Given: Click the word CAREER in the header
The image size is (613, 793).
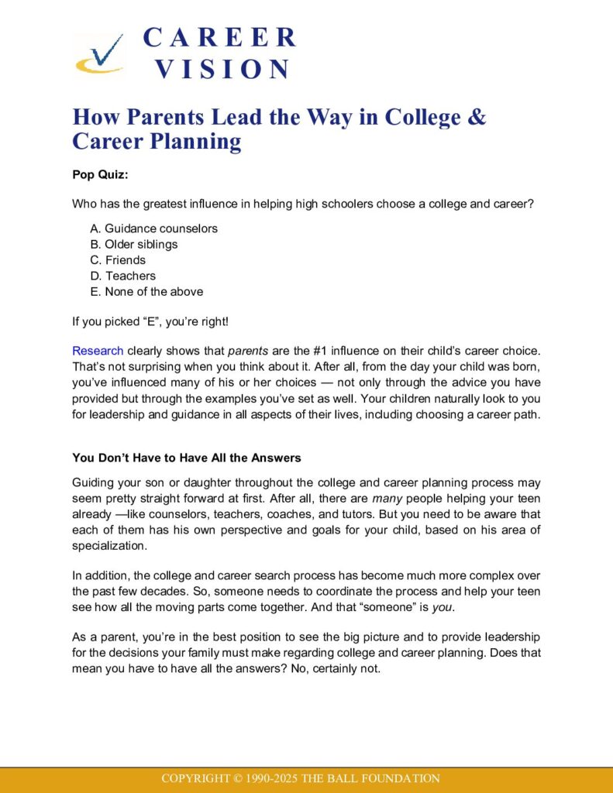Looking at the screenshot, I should coord(219,37).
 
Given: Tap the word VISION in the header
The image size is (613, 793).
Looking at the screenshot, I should coord(222,69).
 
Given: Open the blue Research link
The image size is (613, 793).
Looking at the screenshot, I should coord(98,351).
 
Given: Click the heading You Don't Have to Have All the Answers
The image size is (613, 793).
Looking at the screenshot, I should coord(186,457).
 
